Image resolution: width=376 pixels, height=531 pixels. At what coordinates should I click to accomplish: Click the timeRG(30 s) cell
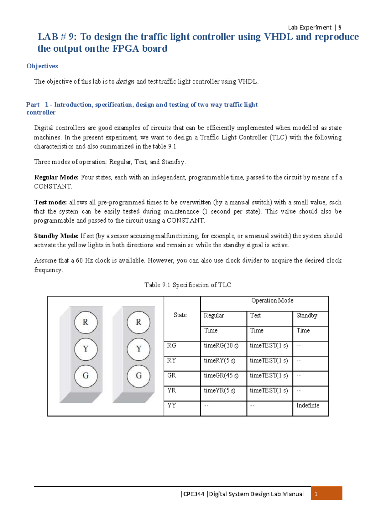click(221, 346)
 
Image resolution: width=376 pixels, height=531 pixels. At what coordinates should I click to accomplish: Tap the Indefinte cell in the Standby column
click(308, 405)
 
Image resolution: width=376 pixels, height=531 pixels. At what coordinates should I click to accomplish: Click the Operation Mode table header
click(272, 301)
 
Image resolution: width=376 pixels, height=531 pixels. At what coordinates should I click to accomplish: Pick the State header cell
click(180, 315)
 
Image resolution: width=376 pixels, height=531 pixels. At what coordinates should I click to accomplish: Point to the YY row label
click(172, 405)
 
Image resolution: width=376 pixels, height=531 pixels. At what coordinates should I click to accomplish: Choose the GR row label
click(172, 375)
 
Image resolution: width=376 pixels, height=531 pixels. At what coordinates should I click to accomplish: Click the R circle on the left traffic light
click(86, 322)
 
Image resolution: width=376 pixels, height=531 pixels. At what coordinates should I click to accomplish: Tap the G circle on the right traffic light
click(138, 376)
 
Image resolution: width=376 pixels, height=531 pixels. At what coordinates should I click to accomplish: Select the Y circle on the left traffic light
click(86, 349)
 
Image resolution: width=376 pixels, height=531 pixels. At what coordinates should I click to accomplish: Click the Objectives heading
click(42, 66)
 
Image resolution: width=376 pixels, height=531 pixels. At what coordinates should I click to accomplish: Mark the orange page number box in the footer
click(326, 494)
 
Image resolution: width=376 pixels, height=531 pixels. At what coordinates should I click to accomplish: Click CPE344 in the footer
click(194, 494)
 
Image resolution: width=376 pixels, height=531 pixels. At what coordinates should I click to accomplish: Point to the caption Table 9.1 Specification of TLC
click(188, 285)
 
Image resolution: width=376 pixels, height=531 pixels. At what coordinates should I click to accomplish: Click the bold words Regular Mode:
click(56, 178)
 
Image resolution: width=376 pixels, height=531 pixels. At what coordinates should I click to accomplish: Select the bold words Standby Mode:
click(56, 236)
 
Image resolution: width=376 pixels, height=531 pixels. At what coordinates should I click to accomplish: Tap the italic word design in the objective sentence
click(125, 82)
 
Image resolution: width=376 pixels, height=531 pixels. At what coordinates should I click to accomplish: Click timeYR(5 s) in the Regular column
click(220, 390)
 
